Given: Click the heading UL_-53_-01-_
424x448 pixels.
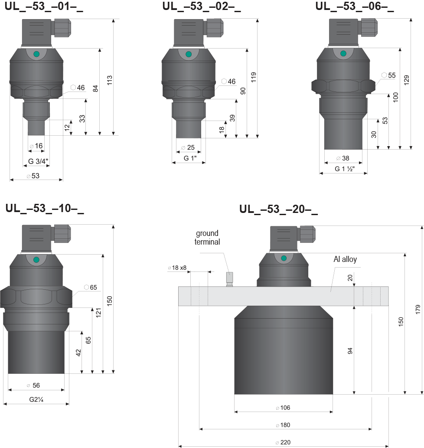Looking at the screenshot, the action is point(44,6).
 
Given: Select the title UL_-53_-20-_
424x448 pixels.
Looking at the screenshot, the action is point(278,209).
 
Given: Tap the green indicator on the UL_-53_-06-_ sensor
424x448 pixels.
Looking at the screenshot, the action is point(343,53).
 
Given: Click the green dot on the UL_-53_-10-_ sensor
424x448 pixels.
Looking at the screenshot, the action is point(36,260).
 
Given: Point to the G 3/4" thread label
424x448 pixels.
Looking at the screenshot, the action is point(38,161).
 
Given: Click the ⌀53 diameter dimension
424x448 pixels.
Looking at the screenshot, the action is point(33,176).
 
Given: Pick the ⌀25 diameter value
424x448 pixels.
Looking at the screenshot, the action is point(188,147).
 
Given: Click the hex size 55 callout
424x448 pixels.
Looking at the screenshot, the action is point(388,75).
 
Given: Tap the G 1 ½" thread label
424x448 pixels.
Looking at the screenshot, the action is point(345,169).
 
